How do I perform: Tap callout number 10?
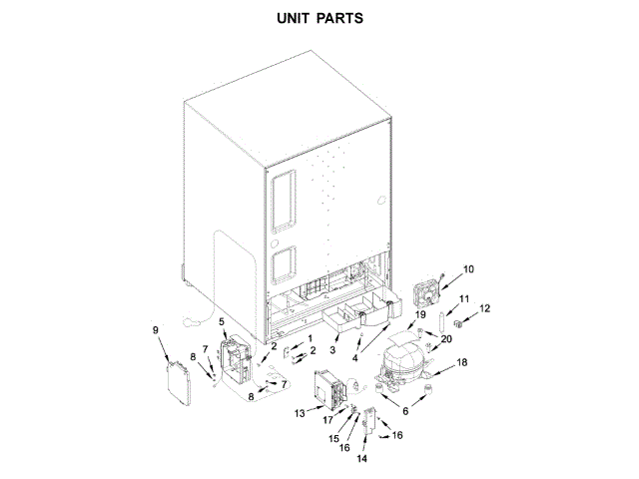[468, 268]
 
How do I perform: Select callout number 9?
[155, 329]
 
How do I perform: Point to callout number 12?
[485, 309]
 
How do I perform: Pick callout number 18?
[461, 362]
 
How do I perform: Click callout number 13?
[300, 412]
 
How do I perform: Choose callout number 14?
[362, 460]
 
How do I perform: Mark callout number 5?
[222, 322]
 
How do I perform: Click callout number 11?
[464, 299]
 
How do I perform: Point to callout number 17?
[328, 420]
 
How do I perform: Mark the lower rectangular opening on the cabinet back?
[284, 264]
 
